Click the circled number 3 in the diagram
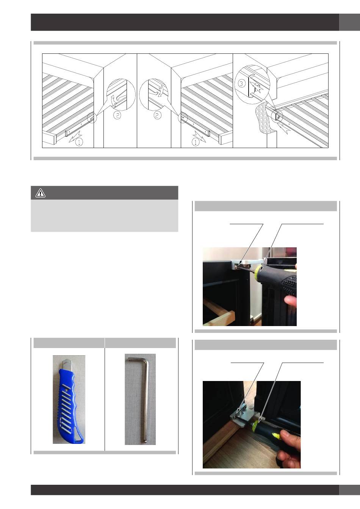click(x=241, y=84)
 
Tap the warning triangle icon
click(x=41, y=193)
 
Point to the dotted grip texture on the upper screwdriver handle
click(x=289, y=281)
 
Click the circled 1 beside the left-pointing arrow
click(x=79, y=142)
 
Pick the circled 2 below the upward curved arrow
click(x=117, y=115)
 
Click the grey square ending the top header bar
click(x=349, y=22)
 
